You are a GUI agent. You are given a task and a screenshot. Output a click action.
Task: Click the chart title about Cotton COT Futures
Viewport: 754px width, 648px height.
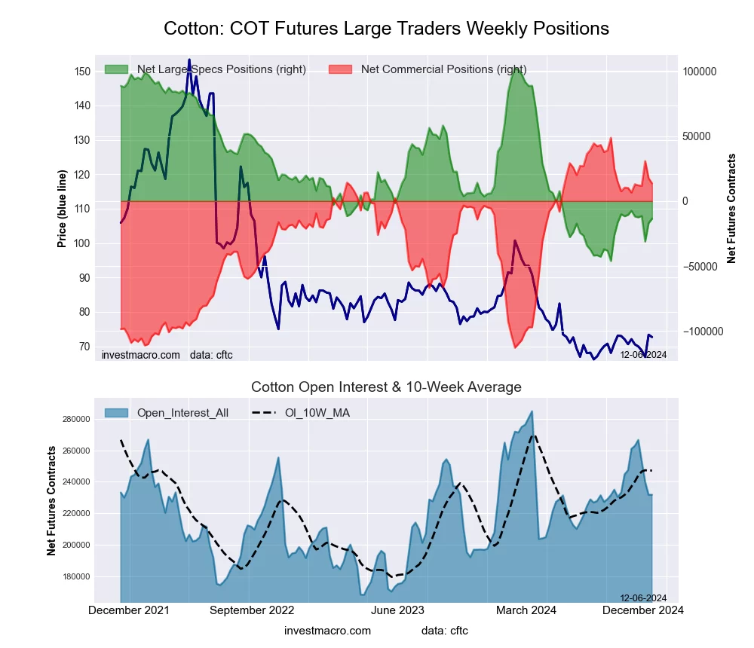386,29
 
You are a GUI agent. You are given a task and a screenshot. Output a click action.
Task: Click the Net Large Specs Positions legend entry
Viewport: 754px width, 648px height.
221,69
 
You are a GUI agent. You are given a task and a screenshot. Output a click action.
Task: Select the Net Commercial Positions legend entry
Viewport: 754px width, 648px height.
443,69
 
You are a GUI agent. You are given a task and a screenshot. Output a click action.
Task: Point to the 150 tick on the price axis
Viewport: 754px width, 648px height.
82,72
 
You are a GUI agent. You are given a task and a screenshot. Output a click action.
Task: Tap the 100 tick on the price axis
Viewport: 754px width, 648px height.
82,243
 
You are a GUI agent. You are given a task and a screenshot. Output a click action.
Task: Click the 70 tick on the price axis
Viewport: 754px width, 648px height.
84,347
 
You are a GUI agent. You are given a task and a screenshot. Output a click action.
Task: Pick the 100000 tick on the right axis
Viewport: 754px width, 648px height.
699,72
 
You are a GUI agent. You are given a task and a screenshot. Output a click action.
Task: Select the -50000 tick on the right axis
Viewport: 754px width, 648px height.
699,267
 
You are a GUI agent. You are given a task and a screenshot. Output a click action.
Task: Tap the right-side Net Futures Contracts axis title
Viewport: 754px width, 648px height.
731,208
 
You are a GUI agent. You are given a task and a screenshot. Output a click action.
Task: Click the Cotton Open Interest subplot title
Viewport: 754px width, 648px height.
386,387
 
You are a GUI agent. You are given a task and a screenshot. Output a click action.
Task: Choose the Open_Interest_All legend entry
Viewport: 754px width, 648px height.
182,412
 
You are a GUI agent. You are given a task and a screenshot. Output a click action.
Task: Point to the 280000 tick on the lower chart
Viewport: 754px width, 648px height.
77,419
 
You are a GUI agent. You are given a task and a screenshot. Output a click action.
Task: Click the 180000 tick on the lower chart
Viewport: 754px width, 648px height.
77,577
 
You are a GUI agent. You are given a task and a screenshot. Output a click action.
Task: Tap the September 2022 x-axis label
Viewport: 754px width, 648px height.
252,610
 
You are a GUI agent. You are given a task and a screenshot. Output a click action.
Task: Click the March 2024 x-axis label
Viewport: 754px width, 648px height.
523,610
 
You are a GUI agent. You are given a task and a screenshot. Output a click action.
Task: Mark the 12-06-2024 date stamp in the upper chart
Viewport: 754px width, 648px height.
643,354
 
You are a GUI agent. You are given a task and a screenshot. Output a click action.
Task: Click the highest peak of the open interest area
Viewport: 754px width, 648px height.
532,411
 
